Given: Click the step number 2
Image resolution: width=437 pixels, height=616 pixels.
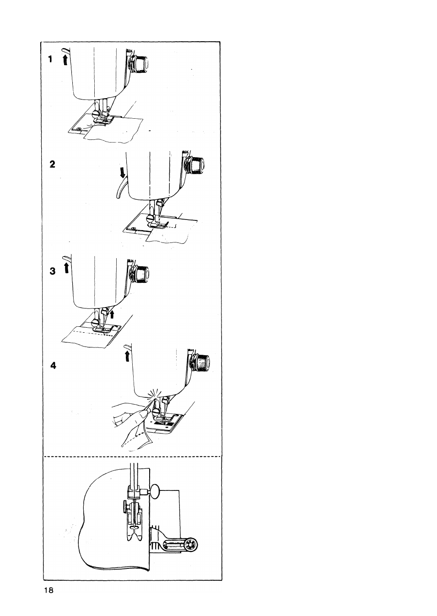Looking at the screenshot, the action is point(53,164).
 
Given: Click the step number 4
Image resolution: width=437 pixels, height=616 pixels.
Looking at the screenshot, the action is point(54,366).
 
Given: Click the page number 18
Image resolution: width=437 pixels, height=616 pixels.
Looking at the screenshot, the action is point(49,590).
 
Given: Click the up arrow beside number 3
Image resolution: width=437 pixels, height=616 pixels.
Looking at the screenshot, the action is point(66,268).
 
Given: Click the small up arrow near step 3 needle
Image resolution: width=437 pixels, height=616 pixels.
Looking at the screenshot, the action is point(111,314).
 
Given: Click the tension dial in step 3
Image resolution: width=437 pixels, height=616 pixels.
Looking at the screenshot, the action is point(146,274).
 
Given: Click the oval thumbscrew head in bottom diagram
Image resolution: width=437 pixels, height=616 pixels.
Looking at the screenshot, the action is point(156,491).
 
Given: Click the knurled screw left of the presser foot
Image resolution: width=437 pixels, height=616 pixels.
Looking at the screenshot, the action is point(124,507).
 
